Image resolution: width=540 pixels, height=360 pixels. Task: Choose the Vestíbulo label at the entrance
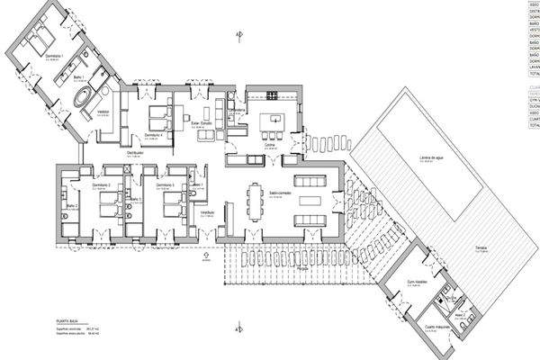click(x=207, y=213)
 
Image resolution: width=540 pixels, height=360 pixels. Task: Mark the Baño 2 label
click(x=72, y=206)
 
